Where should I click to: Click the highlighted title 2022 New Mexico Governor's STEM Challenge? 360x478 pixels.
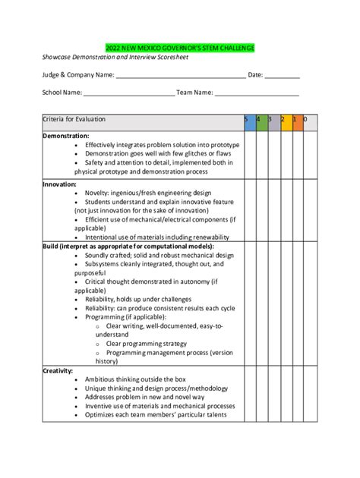pos(180,48)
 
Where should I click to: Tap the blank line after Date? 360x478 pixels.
pos(283,75)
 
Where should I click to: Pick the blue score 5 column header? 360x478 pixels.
pos(249,120)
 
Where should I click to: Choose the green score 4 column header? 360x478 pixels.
pos(261,120)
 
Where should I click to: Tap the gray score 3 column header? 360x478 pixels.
pos(273,120)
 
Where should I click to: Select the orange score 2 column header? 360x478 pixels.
pos(286,120)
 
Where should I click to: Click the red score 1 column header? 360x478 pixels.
pos(297,120)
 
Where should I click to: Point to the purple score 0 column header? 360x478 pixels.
pos(309,120)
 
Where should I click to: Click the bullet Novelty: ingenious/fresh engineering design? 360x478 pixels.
pos(148,193)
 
